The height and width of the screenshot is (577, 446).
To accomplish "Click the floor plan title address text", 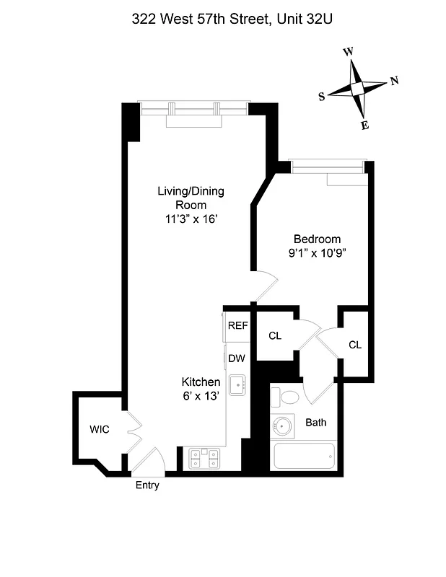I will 222,20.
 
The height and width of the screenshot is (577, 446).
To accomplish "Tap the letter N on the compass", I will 394,80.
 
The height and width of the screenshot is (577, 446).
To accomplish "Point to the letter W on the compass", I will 349,52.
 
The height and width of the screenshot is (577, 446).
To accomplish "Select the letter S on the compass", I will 322,97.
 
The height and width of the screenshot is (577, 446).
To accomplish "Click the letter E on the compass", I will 365,125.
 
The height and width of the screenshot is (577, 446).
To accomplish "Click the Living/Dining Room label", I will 191,198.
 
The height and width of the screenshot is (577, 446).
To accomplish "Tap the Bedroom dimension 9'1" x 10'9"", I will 316,253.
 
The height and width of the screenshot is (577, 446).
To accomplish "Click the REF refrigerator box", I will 237,325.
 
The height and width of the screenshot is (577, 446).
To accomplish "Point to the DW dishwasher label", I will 235,358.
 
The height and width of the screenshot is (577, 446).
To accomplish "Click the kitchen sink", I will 237,385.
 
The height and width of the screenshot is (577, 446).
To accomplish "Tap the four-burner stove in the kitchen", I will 204,457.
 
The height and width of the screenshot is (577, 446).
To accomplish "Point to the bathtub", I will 305,457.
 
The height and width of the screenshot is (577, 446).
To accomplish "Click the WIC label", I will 100,429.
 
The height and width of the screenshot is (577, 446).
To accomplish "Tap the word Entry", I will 147,485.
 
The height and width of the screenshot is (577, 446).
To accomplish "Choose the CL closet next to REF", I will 275,336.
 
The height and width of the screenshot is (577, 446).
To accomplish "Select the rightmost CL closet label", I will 354,345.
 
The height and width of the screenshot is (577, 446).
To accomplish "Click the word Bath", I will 318,422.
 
